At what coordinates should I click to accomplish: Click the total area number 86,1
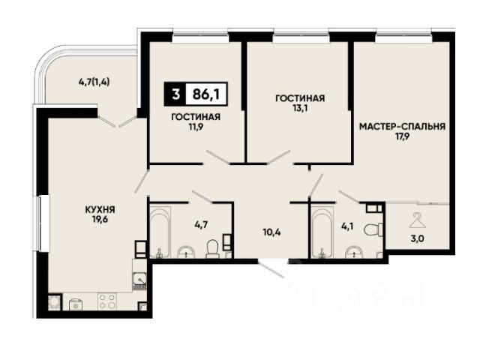pos(205,94)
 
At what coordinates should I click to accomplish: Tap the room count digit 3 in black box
pos(175,94)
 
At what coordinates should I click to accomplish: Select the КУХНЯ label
pos(100,210)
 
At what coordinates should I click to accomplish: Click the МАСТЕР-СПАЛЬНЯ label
pos(402,127)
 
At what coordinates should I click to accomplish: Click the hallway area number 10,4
pos(271,232)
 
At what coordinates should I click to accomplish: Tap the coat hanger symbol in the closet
pos(417,220)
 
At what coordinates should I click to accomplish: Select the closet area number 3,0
pos(417,238)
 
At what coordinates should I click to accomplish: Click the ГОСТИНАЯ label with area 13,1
pos(300,98)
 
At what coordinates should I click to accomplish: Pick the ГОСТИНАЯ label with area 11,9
pos(196,117)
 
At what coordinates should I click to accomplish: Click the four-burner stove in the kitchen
pos(106,301)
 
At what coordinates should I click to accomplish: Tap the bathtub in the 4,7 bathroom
pos(160,232)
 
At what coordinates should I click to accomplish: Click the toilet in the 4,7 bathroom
pos(212,248)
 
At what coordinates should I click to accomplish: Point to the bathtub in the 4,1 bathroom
pos(322,232)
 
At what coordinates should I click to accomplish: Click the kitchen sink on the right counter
pos(139,280)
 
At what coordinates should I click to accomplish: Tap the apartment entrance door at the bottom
pos(271,268)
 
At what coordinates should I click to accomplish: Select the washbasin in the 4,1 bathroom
pos(354,252)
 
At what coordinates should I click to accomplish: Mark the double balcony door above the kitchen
pos(118,121)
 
